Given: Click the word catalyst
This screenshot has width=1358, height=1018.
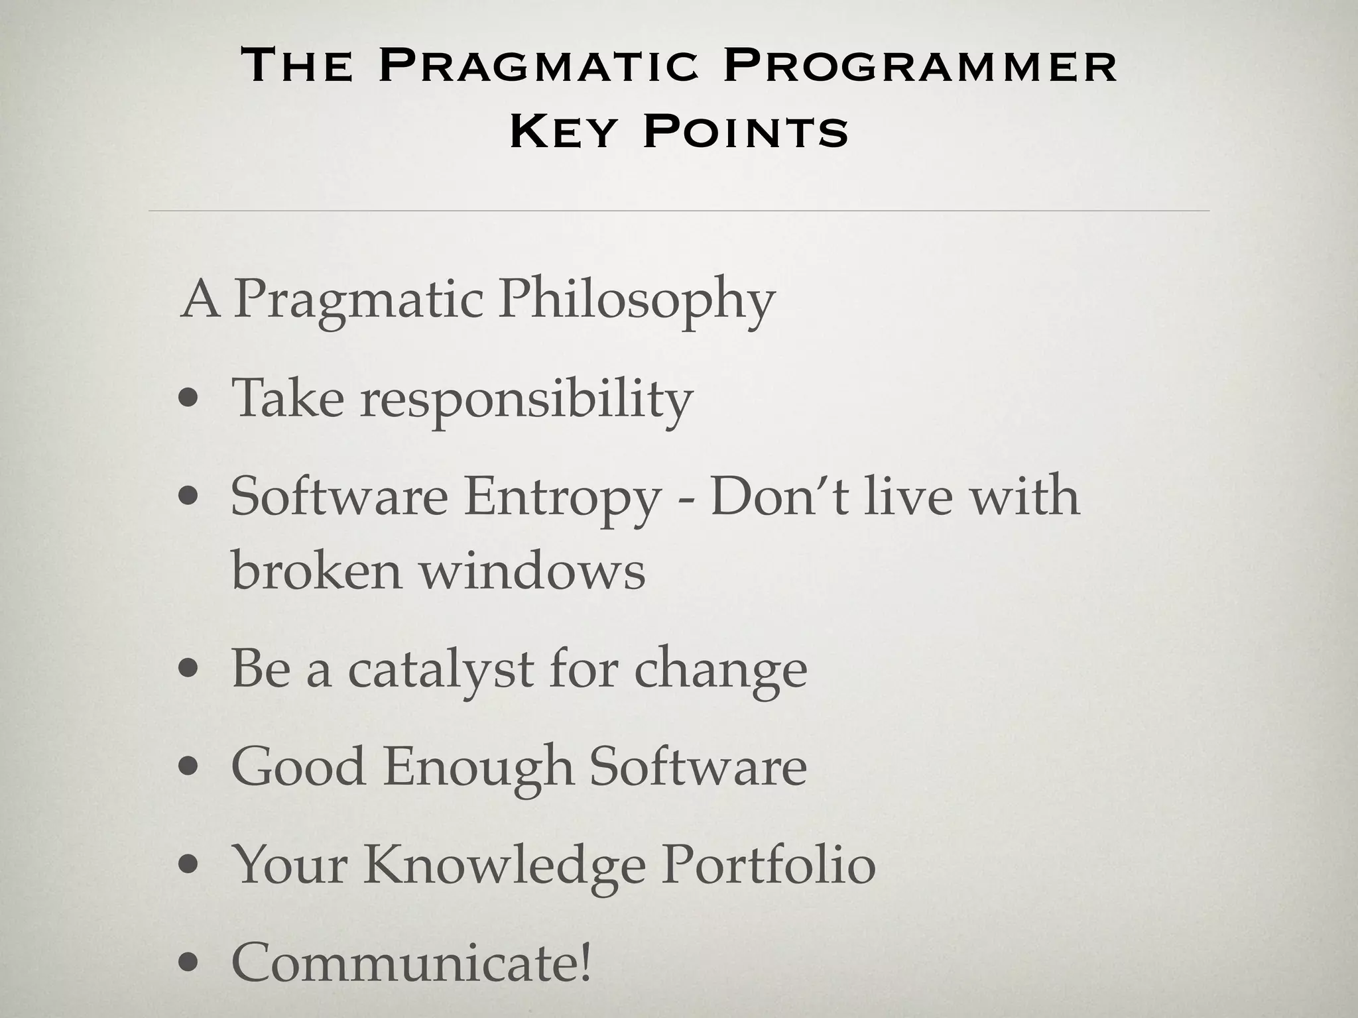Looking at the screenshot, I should pos(441,670).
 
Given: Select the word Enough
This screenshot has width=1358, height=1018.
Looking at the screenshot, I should pos(477,767).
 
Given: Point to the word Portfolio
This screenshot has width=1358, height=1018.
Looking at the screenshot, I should pos(769,865).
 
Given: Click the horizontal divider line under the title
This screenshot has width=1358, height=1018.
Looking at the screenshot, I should pos(679,211).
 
